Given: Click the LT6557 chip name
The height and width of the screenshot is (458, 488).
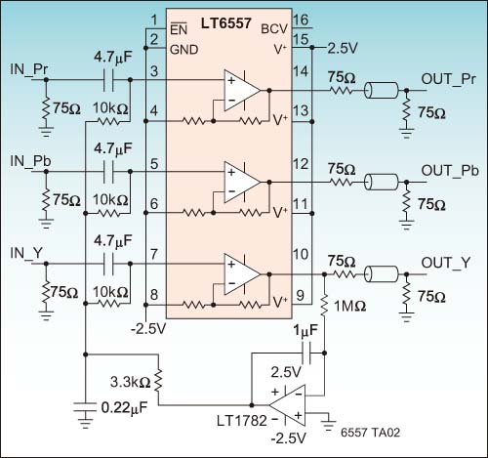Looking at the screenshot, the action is point(225,23).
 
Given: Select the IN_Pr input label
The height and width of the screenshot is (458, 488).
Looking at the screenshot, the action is point(29,69).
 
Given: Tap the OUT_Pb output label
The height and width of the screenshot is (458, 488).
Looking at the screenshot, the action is point(450,171).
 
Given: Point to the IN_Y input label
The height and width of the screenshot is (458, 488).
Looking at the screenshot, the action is point(26,253).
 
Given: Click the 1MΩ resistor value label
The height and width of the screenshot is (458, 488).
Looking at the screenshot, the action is point(350,307).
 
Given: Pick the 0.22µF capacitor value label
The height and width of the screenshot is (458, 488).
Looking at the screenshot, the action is point(124,408).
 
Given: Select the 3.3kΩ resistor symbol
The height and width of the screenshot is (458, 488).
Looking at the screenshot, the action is point(158,380).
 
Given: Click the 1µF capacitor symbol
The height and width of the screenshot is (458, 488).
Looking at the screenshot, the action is point(306,353).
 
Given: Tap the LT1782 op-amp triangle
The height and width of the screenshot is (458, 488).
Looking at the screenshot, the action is point(287,405).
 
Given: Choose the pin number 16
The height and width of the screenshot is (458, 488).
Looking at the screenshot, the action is point(301,20).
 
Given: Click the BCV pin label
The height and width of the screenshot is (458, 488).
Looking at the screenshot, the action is point(274,29).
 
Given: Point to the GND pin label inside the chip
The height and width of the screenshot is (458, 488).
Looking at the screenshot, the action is point(183,50).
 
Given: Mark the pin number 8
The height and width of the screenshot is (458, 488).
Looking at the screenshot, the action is point(154,295).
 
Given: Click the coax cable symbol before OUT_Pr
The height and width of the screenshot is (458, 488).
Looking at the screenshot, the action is point(381,90).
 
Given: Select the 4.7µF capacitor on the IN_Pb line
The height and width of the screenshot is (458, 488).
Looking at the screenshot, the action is point(108,172).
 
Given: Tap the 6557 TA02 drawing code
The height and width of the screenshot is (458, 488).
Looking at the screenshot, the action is point(370,433).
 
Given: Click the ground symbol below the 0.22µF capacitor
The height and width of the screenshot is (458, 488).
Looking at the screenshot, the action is point(85,422).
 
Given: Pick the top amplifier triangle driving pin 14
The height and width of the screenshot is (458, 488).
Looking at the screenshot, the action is point(242,90).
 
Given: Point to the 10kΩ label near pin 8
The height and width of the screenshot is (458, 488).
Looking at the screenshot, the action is point(110,292).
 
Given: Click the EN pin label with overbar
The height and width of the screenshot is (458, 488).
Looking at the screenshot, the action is point(179,29).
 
